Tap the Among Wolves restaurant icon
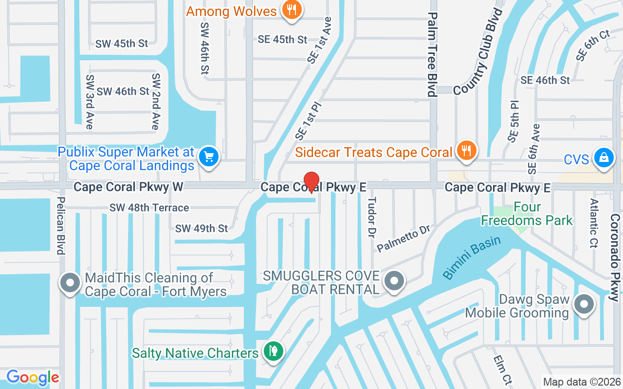tap(292, 10)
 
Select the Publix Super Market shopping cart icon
tap(209, 157)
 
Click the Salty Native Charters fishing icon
tap(273, 352)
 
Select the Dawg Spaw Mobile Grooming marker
tap(584, 304)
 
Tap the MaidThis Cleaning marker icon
tap(70, 283)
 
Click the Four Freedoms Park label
tap(527, 214)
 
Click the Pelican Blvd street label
tap(61, 225)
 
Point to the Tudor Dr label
tap(372, 217)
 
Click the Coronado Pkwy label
tap(615, 258)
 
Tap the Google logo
tap(33, 377)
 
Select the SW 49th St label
tap(202, 228)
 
